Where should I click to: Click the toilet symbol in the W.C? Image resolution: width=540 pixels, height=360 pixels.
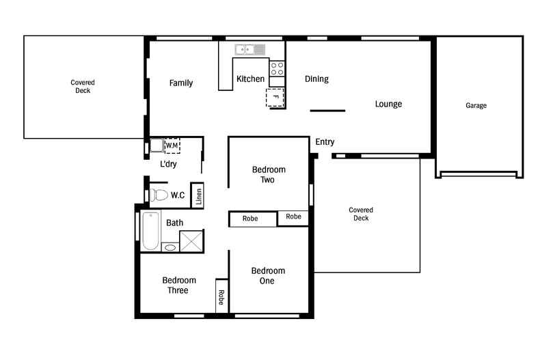tap(159, 195)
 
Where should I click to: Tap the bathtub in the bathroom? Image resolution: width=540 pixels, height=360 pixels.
tap(151, 231)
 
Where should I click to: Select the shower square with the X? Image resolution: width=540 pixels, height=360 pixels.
tap(191, 241)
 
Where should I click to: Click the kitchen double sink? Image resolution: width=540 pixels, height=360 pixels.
tap(250, 50)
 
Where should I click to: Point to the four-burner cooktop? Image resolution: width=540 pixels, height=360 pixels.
tap(278, 68)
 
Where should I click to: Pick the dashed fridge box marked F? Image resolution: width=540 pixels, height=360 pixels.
tap(275, 98)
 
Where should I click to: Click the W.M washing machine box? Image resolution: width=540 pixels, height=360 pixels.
tap(172, 146)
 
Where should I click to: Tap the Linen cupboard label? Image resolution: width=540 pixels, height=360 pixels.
tap(199, 196)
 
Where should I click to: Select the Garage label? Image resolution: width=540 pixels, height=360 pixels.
tap(476, 105)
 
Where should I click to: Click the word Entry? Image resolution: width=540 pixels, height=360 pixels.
tap(325, 142)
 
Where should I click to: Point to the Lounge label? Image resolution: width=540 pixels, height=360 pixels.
tap(388, 104)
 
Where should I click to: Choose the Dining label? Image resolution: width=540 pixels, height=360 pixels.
tap(316, 79)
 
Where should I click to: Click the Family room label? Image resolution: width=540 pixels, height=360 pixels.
tap(181, 83)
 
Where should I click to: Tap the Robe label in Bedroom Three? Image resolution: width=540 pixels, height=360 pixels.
tap(221, 297)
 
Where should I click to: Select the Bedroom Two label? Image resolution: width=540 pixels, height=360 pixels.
tap(269, 174)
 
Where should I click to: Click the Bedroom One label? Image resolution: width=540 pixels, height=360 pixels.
tap(268, 276)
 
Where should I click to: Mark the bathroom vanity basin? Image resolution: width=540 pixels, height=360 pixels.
tap(170, 247)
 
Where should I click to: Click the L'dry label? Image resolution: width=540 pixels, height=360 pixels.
tap(168, 164)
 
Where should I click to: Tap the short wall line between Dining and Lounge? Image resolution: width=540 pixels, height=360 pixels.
tap(327, 111)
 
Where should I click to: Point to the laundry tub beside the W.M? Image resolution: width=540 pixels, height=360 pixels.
tap(157, 146)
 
